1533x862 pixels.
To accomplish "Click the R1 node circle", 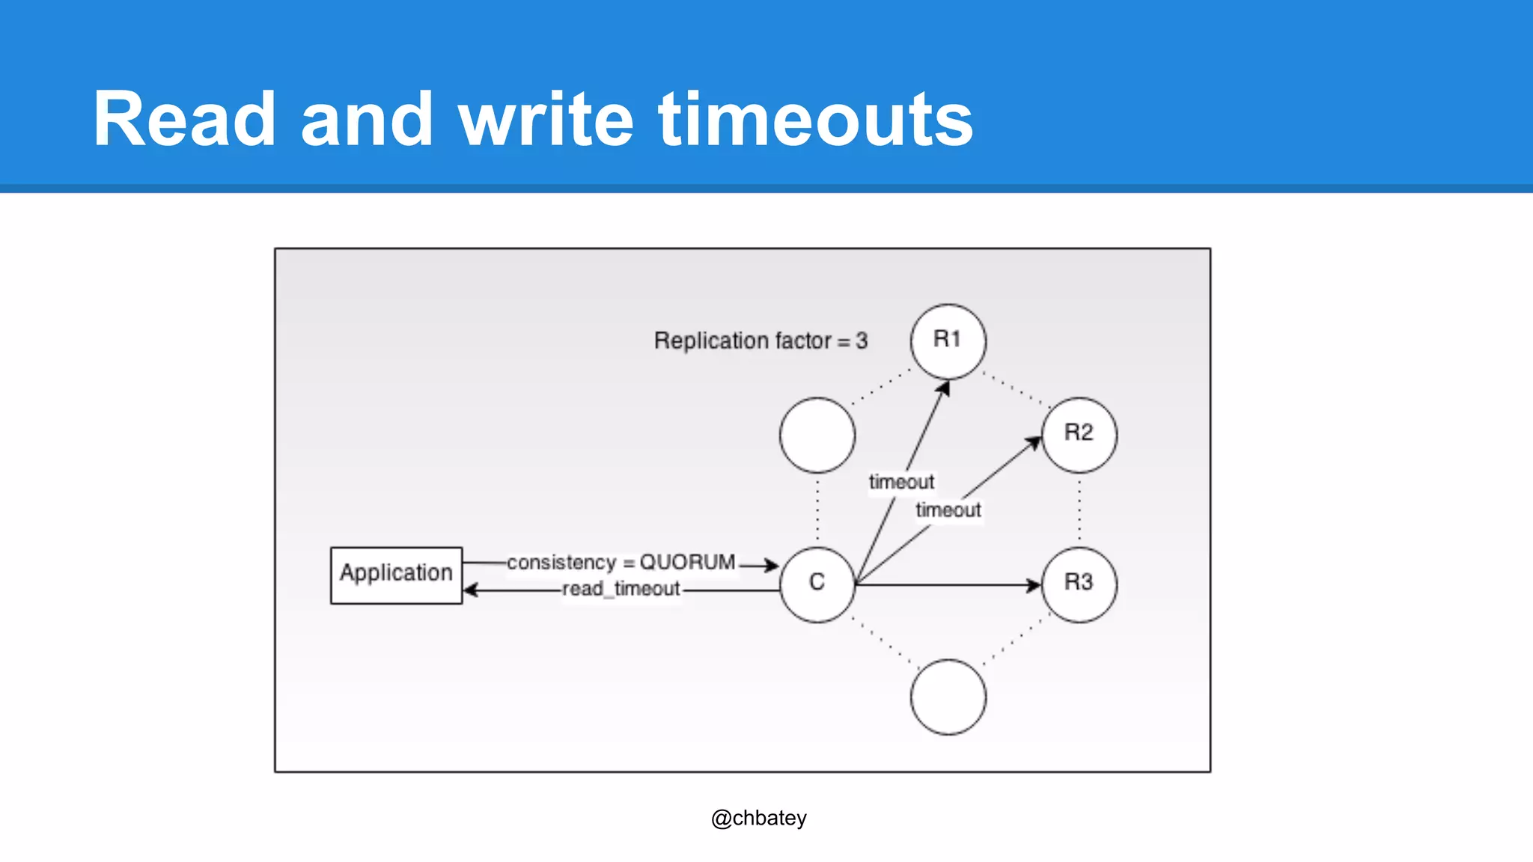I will pos(948,341).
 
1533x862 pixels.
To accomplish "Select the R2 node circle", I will pos(1079,435).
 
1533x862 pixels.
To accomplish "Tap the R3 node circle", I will pos(1079,584).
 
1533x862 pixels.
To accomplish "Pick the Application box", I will pos(396,575).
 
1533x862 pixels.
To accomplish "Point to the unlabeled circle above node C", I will pos(817,435).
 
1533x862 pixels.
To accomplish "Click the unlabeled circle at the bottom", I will pos(948,697).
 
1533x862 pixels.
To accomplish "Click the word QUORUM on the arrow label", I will pos(687,562).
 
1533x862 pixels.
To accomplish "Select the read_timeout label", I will pos(621,589).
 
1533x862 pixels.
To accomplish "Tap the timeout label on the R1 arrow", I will pos(901,482).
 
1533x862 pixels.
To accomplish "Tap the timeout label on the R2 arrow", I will pos(948,510).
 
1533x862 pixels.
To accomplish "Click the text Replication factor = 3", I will pos(761,341).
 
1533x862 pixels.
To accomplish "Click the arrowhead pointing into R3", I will pos(1034,584).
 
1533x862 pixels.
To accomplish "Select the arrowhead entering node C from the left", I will pos(772,565).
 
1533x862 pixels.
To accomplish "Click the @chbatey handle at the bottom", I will pos(758,818).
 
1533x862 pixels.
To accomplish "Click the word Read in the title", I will pos(184,120).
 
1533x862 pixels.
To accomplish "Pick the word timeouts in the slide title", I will pos(815,120).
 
